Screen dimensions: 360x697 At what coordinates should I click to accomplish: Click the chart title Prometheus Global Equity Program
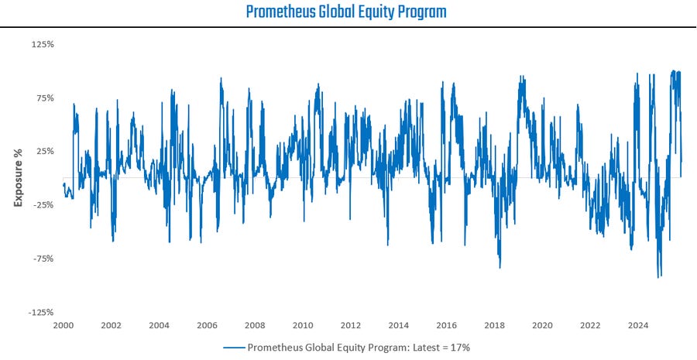346,12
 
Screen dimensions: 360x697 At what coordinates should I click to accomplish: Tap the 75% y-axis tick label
44,98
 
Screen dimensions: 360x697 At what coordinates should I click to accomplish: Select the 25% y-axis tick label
44,151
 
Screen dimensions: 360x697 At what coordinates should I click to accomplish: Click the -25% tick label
43,205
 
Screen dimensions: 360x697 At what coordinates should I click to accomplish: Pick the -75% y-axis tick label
43,259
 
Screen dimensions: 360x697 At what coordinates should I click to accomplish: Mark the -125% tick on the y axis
41,312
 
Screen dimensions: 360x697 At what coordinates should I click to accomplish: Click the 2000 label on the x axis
64,325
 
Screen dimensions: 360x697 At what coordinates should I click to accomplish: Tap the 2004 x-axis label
159,325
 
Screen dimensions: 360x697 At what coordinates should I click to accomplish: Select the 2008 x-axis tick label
255,325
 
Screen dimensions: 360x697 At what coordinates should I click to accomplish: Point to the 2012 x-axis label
351,325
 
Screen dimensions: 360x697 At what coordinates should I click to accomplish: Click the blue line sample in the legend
233,348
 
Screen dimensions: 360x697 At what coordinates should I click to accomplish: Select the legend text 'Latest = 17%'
442,348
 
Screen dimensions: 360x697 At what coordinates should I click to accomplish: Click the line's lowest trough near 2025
659,277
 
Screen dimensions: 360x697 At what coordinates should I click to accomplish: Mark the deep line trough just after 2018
500,268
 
